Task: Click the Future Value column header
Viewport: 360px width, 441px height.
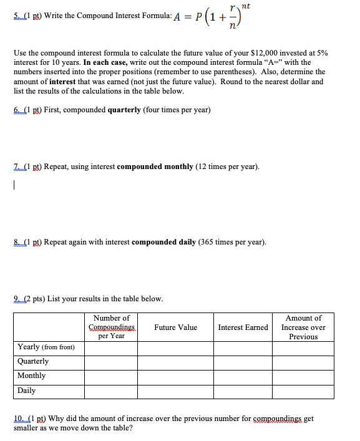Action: (175, 327)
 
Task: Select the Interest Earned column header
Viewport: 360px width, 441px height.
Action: (243, 327)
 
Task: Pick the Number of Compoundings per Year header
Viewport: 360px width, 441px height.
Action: (112, 327)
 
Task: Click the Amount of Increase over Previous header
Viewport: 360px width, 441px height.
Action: (303, 327)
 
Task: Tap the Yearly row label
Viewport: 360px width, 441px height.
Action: (46, 347)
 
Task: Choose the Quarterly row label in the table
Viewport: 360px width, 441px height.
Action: (33, 362)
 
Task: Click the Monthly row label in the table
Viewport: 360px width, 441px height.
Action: (32, 376)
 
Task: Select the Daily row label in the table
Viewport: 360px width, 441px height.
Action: (27, 391)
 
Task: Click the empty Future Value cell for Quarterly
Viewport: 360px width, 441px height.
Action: (176, 362)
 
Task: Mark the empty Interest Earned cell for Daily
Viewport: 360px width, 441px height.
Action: (243, 391)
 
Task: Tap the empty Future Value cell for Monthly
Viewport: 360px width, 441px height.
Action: (176, 376)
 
